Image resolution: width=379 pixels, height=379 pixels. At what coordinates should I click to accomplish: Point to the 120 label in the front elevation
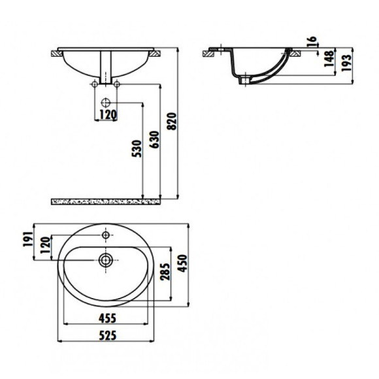pyautogui.click(x=107, y=115)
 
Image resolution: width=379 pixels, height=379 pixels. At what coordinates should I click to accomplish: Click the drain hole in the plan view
pyautogui.click(x=105, y=259)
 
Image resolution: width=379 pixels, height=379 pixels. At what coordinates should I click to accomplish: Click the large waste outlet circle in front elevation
pyautogui.click(x=106, y=103)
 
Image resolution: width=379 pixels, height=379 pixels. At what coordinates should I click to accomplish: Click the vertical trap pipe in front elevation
pyautogui.click(x=106, y=69)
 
